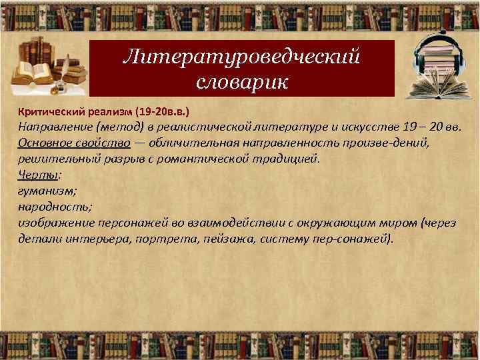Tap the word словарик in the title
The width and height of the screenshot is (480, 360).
(x=241, y=82)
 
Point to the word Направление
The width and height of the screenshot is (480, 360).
(x=55, y=127)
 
